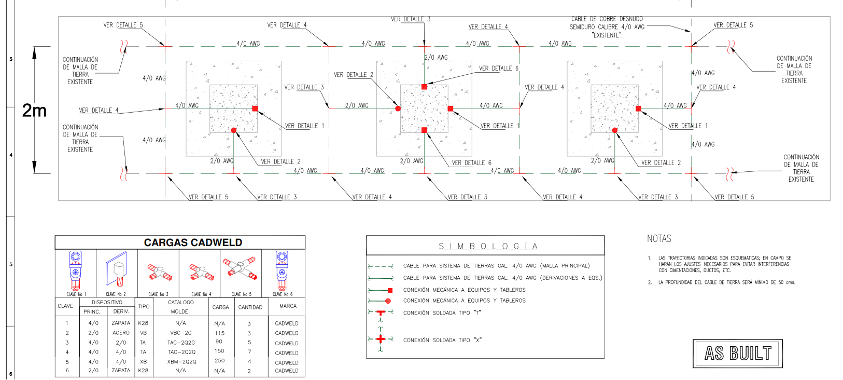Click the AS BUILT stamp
[x=737, y=354]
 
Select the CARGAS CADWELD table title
[x=193, y=242]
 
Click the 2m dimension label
[x=34, y=110]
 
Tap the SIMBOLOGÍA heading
[x=488, y=246]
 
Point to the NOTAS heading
[x=659, y=239]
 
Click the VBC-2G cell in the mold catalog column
[x=180, y=333]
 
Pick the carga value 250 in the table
[x=220, y=360]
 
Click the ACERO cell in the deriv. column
[x=121, y=333]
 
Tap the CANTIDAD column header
[x=250, y=307]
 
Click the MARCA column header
[x=288, y=306]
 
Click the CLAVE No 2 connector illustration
[x=117, y=270]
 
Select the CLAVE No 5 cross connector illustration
[x=240, y=268]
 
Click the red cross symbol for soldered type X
[x=381, y=340]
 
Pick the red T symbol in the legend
[x=381, y=313]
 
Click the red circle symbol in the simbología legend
[x=388, y=301]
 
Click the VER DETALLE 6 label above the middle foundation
[x=498, y=69]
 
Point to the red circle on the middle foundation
[x=398, y=108]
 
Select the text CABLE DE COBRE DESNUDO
[x=607, y=19]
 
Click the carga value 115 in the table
[x=220, y=333]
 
